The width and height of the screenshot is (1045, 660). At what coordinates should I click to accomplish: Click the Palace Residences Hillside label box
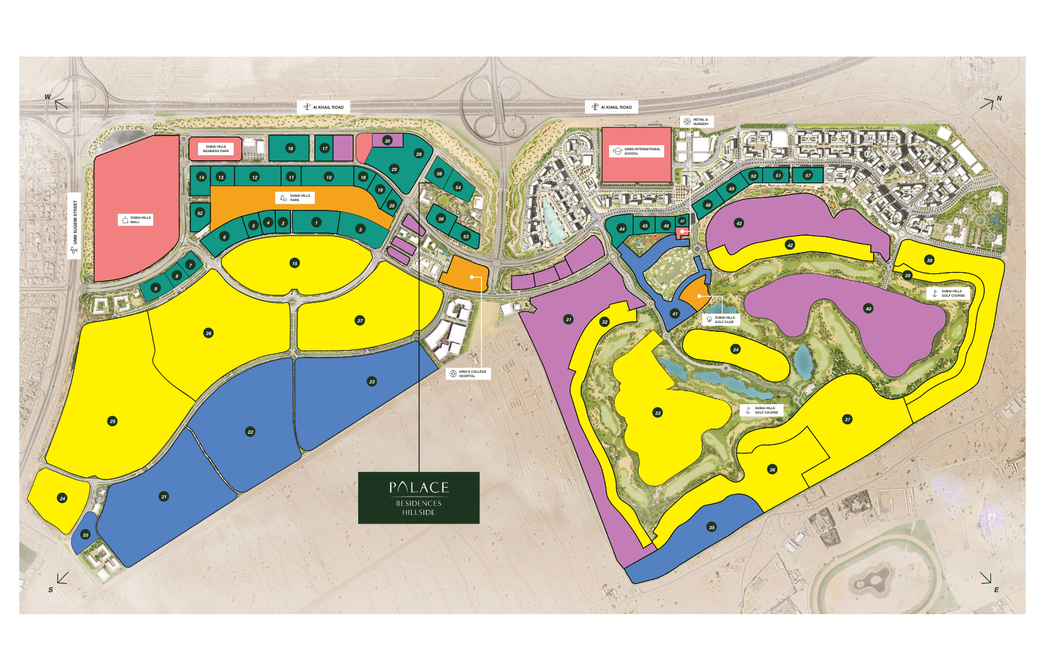419,498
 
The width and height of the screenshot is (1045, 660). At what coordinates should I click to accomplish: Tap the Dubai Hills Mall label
136,219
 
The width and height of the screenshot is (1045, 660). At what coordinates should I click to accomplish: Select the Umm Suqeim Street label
74,225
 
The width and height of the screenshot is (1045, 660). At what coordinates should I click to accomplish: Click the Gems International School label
637,151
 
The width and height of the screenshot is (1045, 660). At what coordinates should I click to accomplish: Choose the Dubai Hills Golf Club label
720,319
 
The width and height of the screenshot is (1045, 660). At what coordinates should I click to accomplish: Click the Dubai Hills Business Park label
216,149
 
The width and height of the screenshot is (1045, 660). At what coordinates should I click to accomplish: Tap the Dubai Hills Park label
295,197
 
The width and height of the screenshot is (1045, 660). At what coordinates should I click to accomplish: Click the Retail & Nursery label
696,121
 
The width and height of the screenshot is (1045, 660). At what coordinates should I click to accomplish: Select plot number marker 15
295,263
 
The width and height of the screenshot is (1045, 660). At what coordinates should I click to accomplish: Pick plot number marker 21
164,497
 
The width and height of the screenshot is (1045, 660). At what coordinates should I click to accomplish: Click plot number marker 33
657,413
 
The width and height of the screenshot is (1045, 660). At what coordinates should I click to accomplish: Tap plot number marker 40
868,309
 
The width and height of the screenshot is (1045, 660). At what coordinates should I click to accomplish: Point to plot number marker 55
85,535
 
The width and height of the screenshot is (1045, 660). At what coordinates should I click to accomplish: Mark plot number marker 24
62,498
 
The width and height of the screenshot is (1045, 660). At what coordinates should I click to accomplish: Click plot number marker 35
711,527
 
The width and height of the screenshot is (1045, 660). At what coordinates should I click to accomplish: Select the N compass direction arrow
988,104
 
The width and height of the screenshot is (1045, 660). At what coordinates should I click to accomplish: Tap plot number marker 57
808,175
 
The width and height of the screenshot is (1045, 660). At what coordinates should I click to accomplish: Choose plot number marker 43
739,223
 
